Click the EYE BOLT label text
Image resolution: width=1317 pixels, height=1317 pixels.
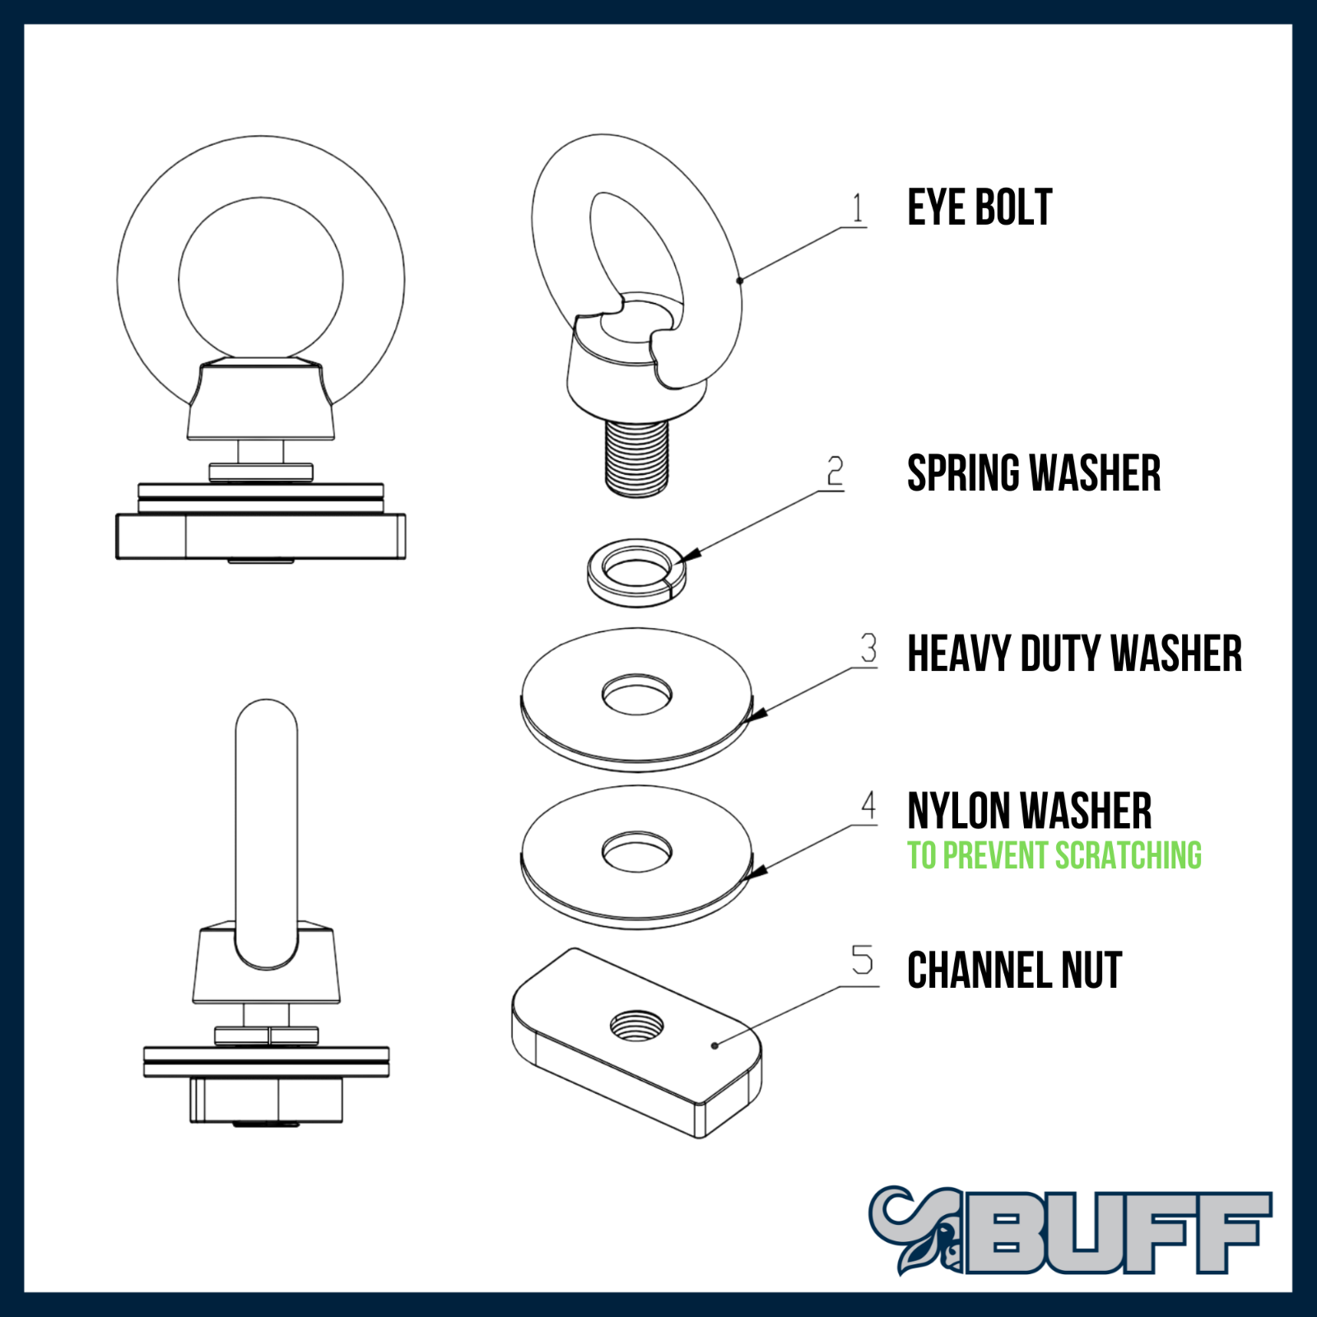pos(980,207)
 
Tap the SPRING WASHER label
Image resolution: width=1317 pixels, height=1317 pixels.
pos(1034,473)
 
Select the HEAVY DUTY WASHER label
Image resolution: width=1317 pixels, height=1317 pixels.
pos(1074,654)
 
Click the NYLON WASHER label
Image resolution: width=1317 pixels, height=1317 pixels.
pos(1029,811)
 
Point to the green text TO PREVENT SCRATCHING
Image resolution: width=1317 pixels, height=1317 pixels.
pos(1054,856)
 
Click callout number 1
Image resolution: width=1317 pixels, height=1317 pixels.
pos(858,208)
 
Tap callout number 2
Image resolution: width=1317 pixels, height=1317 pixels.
pos(835,472)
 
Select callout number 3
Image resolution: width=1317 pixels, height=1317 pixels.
pos(868,649)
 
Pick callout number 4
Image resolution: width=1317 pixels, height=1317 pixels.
pos(868,806)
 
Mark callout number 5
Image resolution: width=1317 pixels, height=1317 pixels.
pos(862,961)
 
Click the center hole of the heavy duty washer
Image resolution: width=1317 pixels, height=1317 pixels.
pos(636,694)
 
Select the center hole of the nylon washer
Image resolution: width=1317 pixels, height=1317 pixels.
pos(636,851)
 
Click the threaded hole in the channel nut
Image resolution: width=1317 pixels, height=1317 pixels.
pos(636,1025)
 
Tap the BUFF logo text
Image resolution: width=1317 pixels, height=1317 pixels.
pos(1119,1232)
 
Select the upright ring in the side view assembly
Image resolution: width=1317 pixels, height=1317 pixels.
pos(266,823)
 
